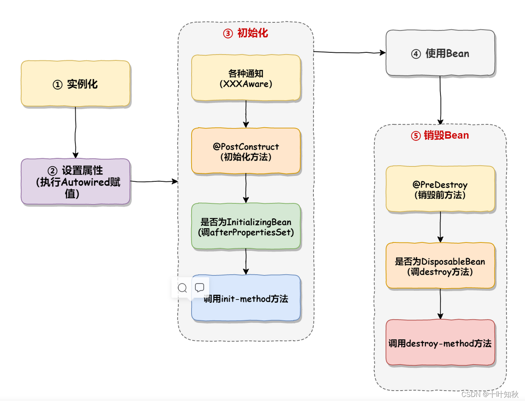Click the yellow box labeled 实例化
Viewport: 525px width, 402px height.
click(76, 84)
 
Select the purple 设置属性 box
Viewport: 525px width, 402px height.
click(76, 182)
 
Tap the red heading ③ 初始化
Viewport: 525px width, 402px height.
click(246, 33)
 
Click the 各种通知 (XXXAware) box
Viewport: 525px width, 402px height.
click(246, 78)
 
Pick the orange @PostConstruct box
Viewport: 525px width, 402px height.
click(246, 151)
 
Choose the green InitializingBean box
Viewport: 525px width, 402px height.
click(246, 227)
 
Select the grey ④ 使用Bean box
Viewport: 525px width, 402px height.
click(440, 53)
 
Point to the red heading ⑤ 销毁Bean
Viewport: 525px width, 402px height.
click(440, 135)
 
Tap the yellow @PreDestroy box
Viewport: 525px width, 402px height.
click(440, 189)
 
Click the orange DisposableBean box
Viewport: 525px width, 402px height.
click(440, 266)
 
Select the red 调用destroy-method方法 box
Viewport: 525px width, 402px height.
click(440, 343)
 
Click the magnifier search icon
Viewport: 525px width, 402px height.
click(182, 288)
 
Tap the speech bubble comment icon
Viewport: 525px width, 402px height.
click(200, 287)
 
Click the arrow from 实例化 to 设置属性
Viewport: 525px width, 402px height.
click(76, 132)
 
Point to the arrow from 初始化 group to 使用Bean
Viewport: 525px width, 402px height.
click(349, 52)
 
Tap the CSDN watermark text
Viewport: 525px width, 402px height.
click(490, 394)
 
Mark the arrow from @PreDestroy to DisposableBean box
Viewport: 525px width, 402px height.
click(440, 227)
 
